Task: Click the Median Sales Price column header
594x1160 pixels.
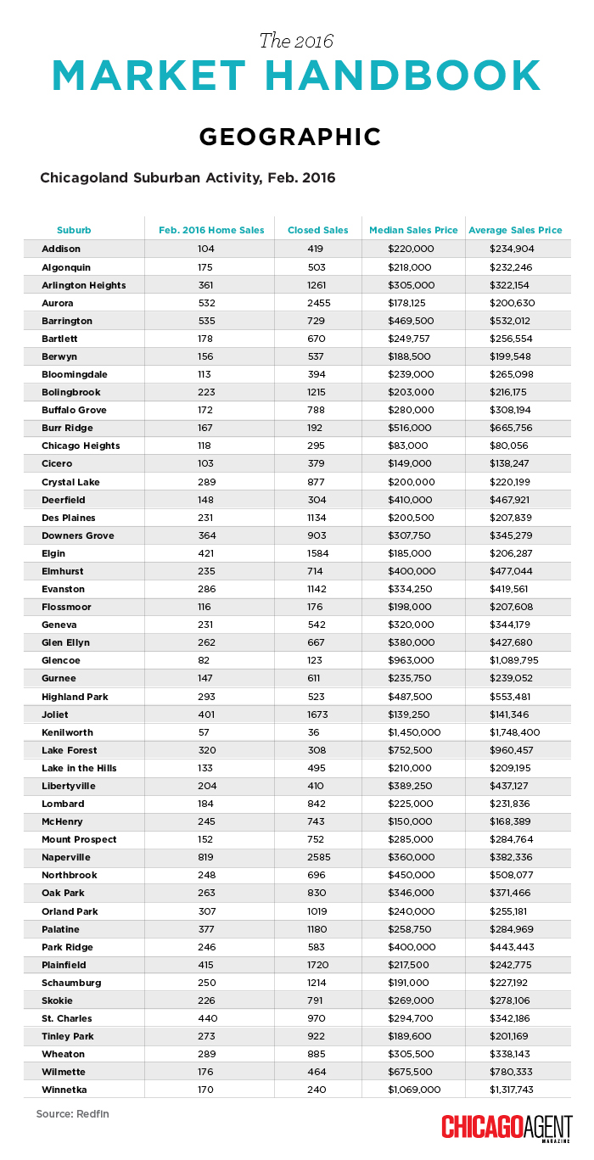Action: click(x=413, y=230)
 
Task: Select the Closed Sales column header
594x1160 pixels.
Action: click(x=318, y=230)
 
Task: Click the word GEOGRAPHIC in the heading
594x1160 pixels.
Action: click(x=289, y=137)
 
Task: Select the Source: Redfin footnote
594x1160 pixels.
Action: click(x=72, y=1113)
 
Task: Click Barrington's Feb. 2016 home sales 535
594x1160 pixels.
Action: click(x=207, y=321)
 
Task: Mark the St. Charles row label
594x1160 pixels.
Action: click(x=67, y=1018)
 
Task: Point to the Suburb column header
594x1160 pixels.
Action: click(x=74, y=230)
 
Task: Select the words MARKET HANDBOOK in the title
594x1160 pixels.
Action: click(x=296, y=76)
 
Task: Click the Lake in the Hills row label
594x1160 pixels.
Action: click(x=79, y=768)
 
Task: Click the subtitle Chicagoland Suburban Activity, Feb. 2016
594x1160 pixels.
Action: click(x=188, y=178)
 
